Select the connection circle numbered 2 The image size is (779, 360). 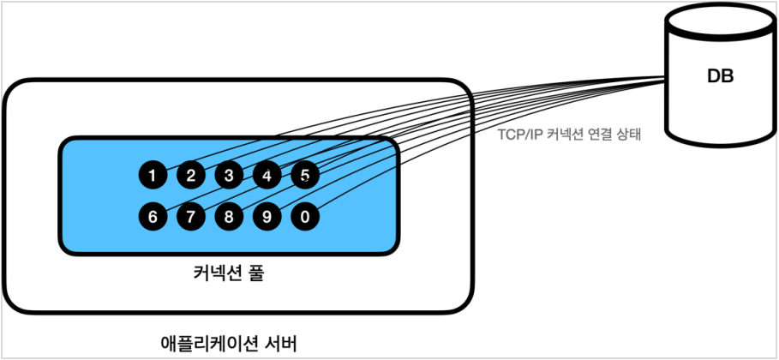[191, 176]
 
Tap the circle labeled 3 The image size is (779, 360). [229, 176]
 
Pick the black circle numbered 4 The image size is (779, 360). [267, 176]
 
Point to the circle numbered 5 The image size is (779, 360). [305, 176]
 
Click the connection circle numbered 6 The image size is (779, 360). [153, 216]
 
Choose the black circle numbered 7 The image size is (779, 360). [191, 216]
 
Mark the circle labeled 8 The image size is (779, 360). [229, 216]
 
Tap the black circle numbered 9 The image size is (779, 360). [267, 216]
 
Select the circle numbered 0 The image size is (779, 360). [305, 216]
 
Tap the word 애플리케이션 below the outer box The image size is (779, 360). [213, 343]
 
